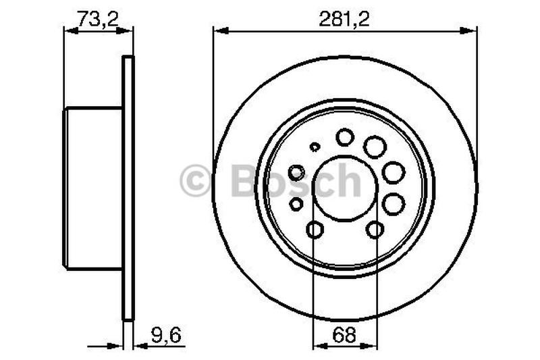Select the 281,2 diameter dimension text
(344, 18)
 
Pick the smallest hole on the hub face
(315, 147)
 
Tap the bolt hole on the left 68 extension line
(315, 230)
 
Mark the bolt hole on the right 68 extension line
(375, 230)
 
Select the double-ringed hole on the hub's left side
(296, 173)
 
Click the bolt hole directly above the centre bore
(345, 137)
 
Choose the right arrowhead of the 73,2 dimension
(128, 30)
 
